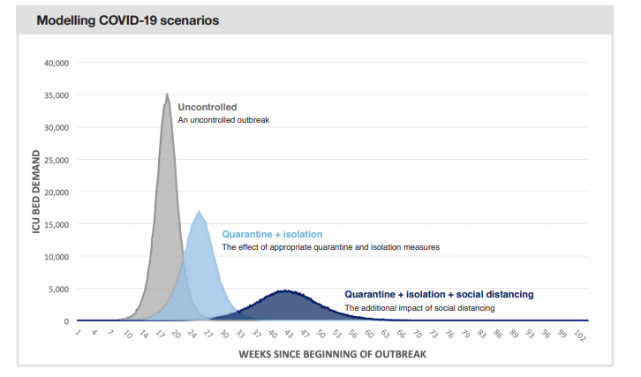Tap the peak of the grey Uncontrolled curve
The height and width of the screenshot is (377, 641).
[167, 94]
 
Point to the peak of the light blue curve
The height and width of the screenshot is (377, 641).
[200, 212]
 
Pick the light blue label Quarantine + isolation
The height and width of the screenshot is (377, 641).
[272, 234]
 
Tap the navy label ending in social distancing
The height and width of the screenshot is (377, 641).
[439, 294]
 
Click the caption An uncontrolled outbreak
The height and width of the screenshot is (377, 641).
[223, 119]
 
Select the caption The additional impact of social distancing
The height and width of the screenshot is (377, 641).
[419, 307]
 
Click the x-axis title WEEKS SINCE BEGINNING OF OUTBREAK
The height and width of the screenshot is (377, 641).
[332, 354]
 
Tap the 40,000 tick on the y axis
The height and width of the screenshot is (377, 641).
[56, 63]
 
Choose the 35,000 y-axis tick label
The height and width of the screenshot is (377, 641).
[56, 95]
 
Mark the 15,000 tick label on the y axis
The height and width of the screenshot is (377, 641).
[56, 224]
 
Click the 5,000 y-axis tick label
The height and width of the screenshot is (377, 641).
[58, 289]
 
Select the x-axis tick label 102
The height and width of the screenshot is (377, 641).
[579, 336]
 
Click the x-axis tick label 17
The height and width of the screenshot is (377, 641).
[160, 335]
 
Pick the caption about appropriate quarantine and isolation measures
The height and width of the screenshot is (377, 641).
[330, 247]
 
